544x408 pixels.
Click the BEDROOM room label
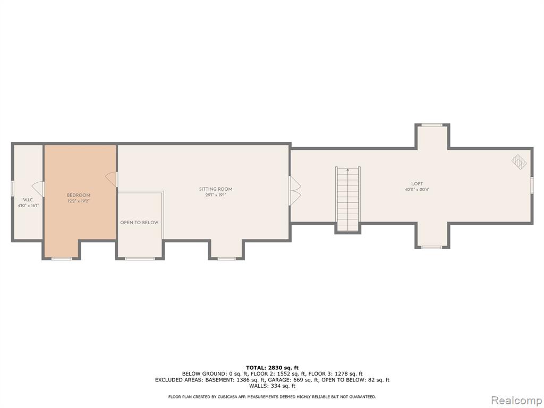click(79, 195)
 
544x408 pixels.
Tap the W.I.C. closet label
click(29, 200)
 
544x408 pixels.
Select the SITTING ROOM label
click(216, 189)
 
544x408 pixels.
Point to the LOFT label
click(417, 184)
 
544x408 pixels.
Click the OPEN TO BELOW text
click(139, 223)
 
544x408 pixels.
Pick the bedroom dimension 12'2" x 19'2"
click(79, 201)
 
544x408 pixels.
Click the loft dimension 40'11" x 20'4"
click(417, 190)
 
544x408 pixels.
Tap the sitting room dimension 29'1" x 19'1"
click(216, 194)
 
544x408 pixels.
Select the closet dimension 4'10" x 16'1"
click(29, 206)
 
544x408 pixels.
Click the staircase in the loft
click(347, 199)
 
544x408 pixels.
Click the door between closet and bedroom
click(38, 189)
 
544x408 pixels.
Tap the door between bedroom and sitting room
click(112, 180)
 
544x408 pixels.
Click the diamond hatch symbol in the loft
click(519, 161)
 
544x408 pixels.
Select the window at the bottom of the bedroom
click(62, 259)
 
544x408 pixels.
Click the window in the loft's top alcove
click(432, 125)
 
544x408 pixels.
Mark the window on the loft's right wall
click(531, 184)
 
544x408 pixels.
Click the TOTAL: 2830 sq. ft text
click(272, 368)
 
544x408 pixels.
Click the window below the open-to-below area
click(140, 259)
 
